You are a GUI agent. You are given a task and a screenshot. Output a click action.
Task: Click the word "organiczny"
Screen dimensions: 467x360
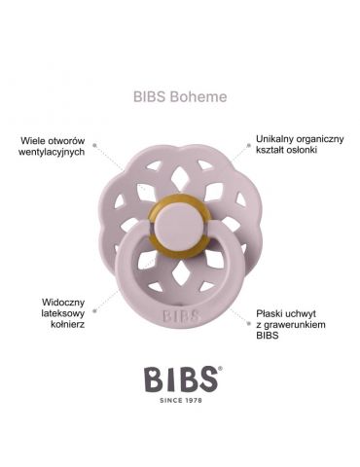[x=322, y=139]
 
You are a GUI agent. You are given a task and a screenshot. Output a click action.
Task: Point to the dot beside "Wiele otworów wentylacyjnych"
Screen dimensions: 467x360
[x=93, y=147]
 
